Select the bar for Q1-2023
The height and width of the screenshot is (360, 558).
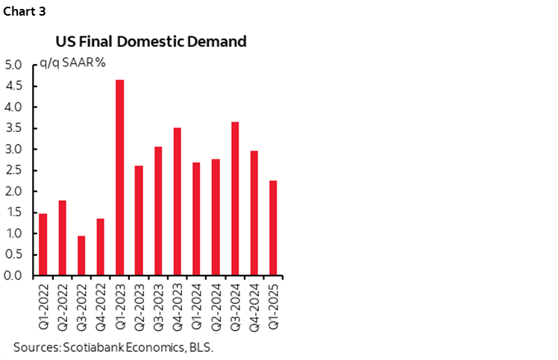pos(120,177)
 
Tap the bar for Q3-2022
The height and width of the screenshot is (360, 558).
pos(81,256)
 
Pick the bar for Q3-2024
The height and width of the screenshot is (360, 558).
pos(235,198)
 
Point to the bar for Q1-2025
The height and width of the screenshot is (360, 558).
pos(274,228)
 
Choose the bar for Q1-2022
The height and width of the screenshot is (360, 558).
pos(43,244)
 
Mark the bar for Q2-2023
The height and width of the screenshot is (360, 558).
pos(139,221)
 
